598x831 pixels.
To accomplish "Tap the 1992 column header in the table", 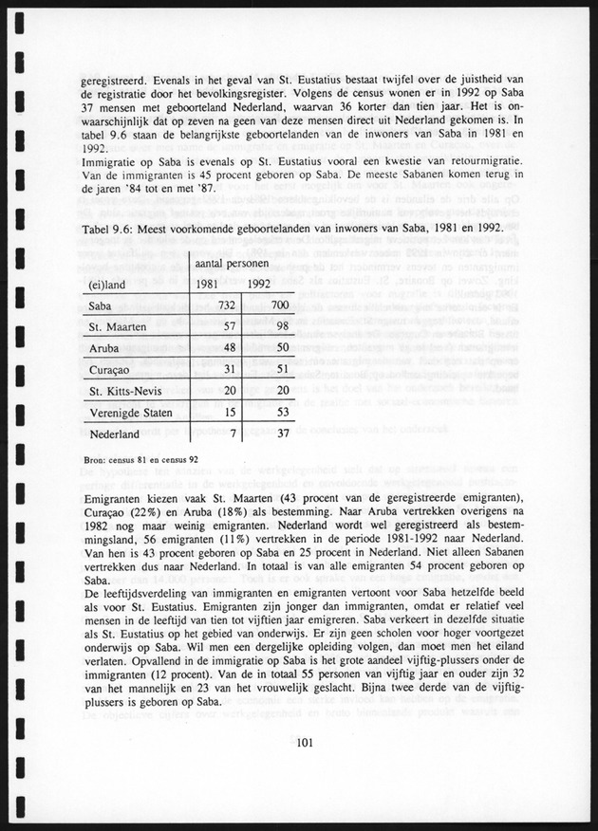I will point(262,284).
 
